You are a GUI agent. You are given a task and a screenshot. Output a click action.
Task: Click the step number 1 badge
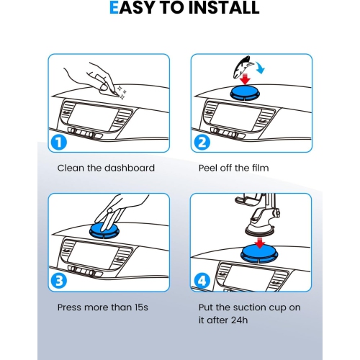[59, 143]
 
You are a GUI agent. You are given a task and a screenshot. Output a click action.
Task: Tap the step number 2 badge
[202, 143]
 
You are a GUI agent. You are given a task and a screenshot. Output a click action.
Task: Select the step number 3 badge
[59, 281]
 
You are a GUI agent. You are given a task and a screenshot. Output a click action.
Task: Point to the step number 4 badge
[202, 281]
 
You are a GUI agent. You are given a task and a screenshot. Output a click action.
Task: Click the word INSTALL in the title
[224, 8]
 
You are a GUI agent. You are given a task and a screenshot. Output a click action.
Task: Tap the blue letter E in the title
[114, 8]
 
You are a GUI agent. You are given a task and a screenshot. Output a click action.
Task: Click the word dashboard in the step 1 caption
[130, 168]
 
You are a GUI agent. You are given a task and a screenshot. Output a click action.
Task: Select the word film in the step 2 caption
[261, 168]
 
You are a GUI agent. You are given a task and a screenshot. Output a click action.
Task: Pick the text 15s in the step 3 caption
[141, 307]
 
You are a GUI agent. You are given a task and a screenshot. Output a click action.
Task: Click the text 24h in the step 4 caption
[240, 320]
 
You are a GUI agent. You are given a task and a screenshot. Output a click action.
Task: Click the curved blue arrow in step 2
[260, 67]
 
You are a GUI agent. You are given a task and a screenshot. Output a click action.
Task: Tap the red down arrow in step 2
[245, 79]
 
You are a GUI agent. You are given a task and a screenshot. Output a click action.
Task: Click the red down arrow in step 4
[260, 243]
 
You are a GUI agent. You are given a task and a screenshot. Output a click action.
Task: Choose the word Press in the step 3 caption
[70, 307]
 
